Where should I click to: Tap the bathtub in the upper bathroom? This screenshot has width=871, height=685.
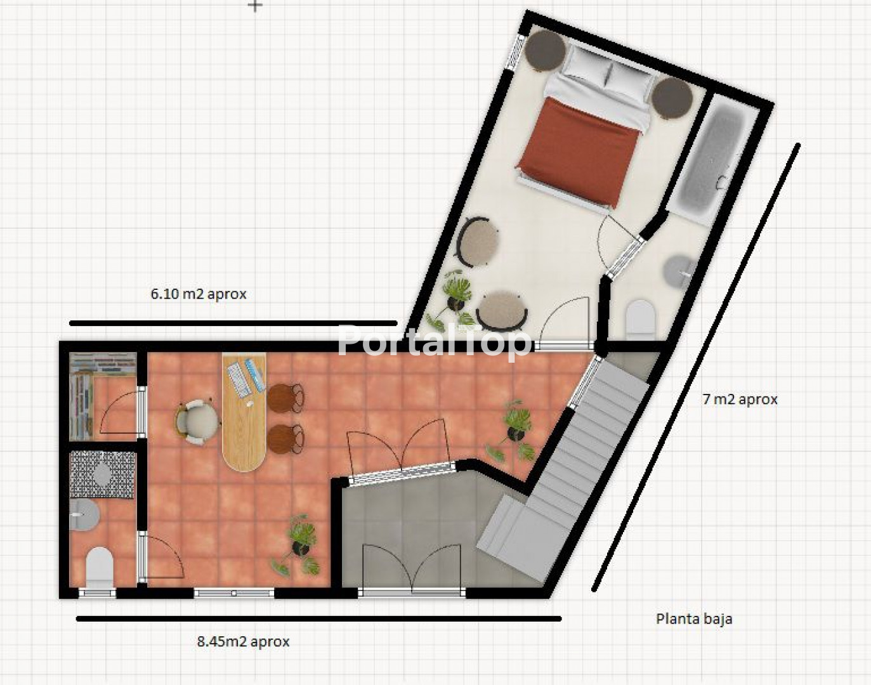pos(712,157)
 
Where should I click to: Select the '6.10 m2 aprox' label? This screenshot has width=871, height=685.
pos(199,294)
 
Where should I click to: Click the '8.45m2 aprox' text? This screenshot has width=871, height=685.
pos(243,641)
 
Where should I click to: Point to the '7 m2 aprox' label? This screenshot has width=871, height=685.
pos(740,400)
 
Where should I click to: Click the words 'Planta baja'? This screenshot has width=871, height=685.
pos(694,619)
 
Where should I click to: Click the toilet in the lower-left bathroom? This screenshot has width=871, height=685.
pos(99,567)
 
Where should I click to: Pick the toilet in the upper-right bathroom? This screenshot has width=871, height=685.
pos(641,320)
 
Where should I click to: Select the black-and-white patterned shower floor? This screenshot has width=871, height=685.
pos(103,474)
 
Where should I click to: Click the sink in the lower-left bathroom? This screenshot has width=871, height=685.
pos(84,514)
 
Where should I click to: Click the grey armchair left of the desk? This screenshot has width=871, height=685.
pos(197,422)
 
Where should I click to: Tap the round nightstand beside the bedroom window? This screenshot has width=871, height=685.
pos(546,51)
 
